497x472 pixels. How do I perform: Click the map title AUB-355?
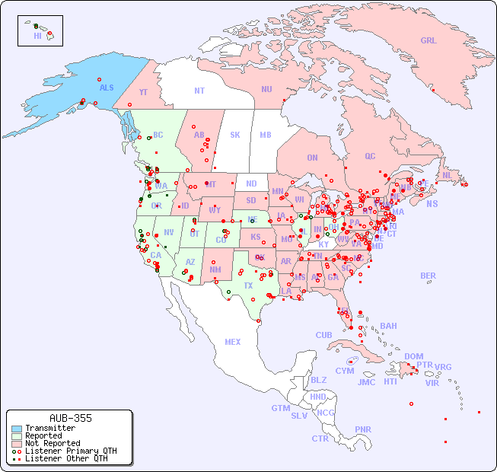(70, 419)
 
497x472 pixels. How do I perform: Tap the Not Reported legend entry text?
(52, 443)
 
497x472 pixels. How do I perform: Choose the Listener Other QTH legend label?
(65, 458)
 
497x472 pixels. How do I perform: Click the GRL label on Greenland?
(429, 41)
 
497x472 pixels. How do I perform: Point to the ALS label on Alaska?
(107, 88)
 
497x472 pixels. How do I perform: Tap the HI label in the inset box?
(37, 36)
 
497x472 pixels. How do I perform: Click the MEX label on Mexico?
(233, 342)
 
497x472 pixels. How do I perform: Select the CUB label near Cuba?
(323, 335)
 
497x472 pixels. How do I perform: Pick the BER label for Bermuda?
(428, 276)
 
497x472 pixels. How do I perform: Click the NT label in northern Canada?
(199, 91)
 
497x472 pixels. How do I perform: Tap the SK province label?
(235, 135)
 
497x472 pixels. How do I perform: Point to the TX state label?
(248, 285)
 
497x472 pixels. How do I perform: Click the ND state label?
(251, 183)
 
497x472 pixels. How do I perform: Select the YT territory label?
(143, 92)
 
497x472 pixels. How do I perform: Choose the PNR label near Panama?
(363, 429)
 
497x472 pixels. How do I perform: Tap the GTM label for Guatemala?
(280, 408)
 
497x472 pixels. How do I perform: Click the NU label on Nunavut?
(266, 89)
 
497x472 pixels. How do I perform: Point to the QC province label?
(370, 156)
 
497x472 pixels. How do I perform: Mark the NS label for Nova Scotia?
(432, 204)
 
